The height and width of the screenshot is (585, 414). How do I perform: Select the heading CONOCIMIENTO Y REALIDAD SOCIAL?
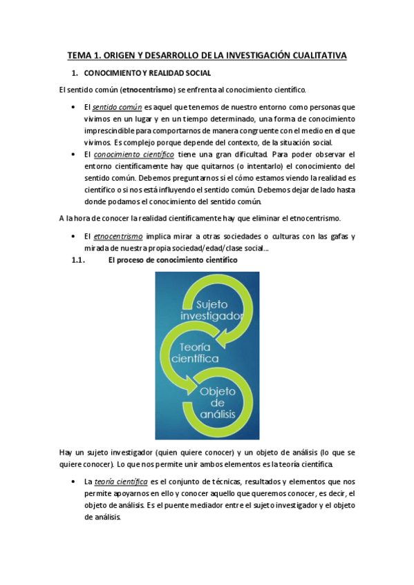coord(147,72)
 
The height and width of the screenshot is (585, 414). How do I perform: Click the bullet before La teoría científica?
coord(74,481)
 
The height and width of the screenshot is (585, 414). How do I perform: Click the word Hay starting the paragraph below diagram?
coord(68,453)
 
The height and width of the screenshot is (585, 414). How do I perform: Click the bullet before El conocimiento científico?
coord(74,155)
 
